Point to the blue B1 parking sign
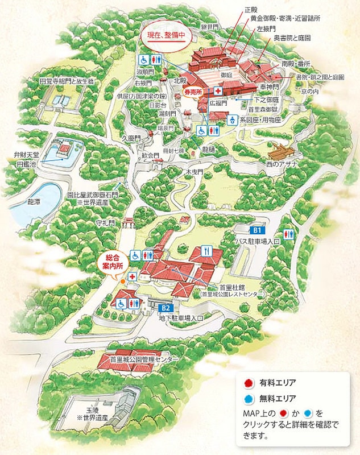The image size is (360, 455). tap(257, 230)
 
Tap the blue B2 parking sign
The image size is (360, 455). tap(167, 308)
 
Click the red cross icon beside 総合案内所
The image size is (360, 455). tap(133, 276)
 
